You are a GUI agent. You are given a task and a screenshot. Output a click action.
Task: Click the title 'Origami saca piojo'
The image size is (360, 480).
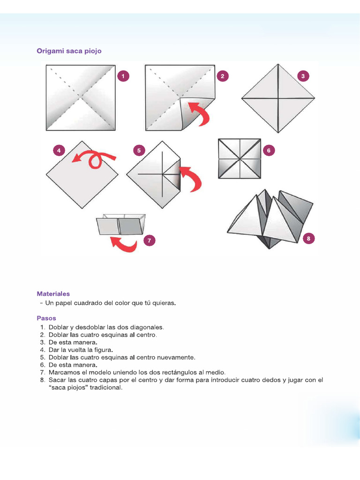69,51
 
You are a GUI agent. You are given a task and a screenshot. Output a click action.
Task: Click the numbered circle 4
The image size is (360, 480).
59,150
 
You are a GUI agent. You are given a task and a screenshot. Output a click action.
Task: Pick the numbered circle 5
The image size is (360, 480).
139,150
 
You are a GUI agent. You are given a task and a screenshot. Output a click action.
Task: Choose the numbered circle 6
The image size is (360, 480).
269,150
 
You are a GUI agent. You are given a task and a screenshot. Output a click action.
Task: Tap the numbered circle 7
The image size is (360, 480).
149,240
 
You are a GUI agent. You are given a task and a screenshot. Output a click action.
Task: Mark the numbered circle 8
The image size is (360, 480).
308,239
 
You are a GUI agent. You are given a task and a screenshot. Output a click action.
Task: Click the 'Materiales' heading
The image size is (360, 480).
53,294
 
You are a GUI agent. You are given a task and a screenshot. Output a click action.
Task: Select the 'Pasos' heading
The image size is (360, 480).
46,318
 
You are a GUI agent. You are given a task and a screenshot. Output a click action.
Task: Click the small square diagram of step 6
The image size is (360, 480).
239,158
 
